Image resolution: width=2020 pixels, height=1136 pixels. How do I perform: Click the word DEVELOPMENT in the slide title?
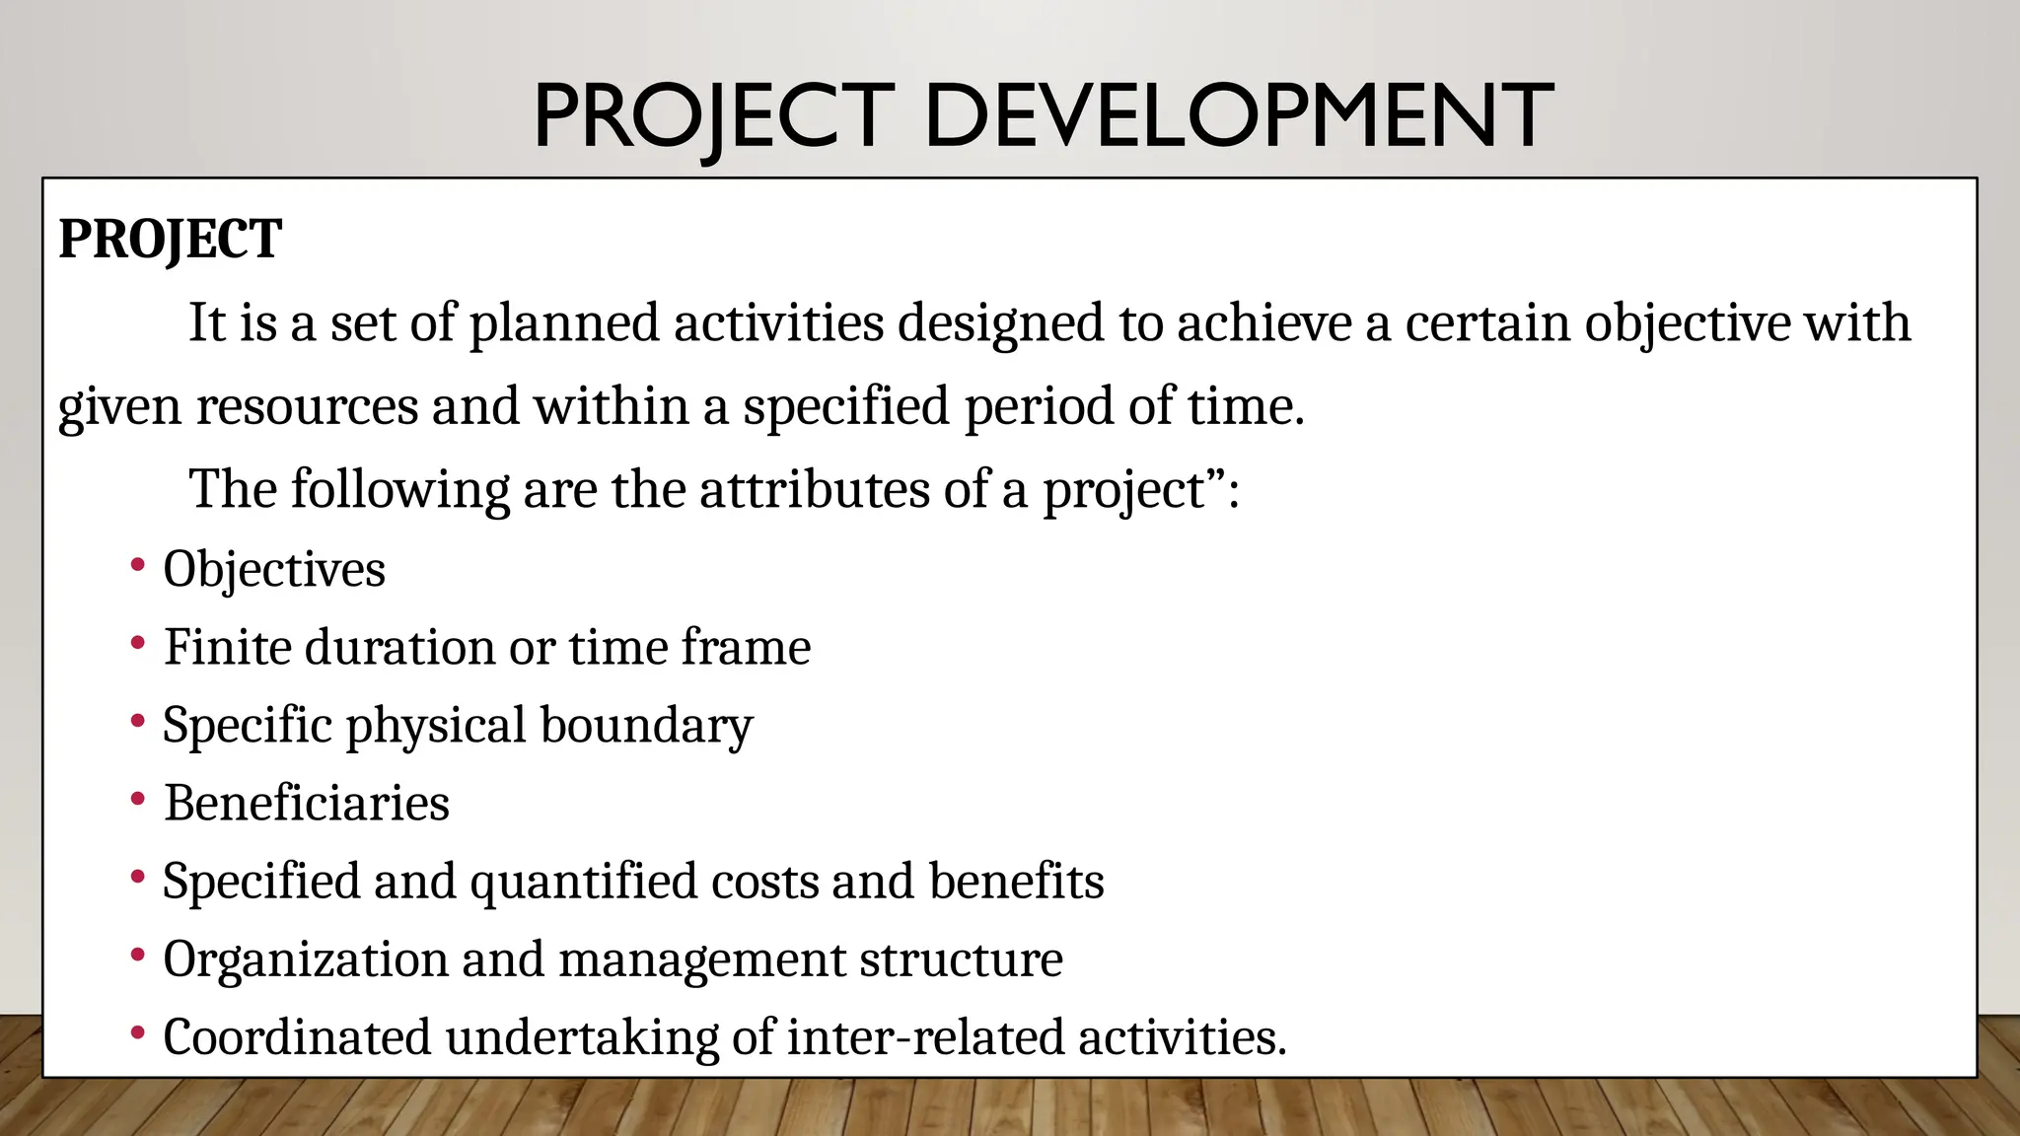(x=1239, y=116)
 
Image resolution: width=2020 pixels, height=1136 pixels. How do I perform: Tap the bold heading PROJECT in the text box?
(x=171, y=240)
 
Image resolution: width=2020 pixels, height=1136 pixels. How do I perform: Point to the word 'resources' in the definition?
(x=307, y=406)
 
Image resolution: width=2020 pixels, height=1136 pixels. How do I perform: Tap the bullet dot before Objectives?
(x=138, y=566)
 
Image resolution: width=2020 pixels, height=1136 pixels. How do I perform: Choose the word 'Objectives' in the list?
(x=274, y=570)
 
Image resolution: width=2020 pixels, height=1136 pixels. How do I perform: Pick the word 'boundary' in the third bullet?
(x=646, y=727)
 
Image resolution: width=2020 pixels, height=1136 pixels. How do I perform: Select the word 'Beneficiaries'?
(x=307, y=804)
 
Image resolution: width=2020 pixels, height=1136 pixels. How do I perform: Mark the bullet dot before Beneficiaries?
(x=138, y=799)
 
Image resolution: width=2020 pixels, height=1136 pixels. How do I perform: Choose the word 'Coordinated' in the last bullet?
(x=297, y=1038)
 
